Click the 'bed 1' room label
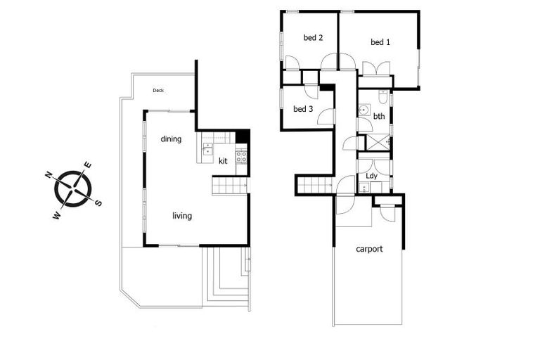coord(380,42)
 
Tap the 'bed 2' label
coord(313,38)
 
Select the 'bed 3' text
coord(303,109)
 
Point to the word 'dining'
coord(171,139)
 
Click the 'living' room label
coord(182,216)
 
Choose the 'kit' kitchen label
coord(224,161)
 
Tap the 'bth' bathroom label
coord(379,117)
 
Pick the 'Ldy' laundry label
coord(372,175)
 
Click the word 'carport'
coord(369,249)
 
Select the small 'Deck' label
coord(158,90)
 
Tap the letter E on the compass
coord(88,165)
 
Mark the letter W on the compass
coord(56,215)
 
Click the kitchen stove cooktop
coord(241,157)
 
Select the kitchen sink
coord(207,149)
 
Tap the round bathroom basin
coord(364,110)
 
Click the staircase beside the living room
coord(230,186)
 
